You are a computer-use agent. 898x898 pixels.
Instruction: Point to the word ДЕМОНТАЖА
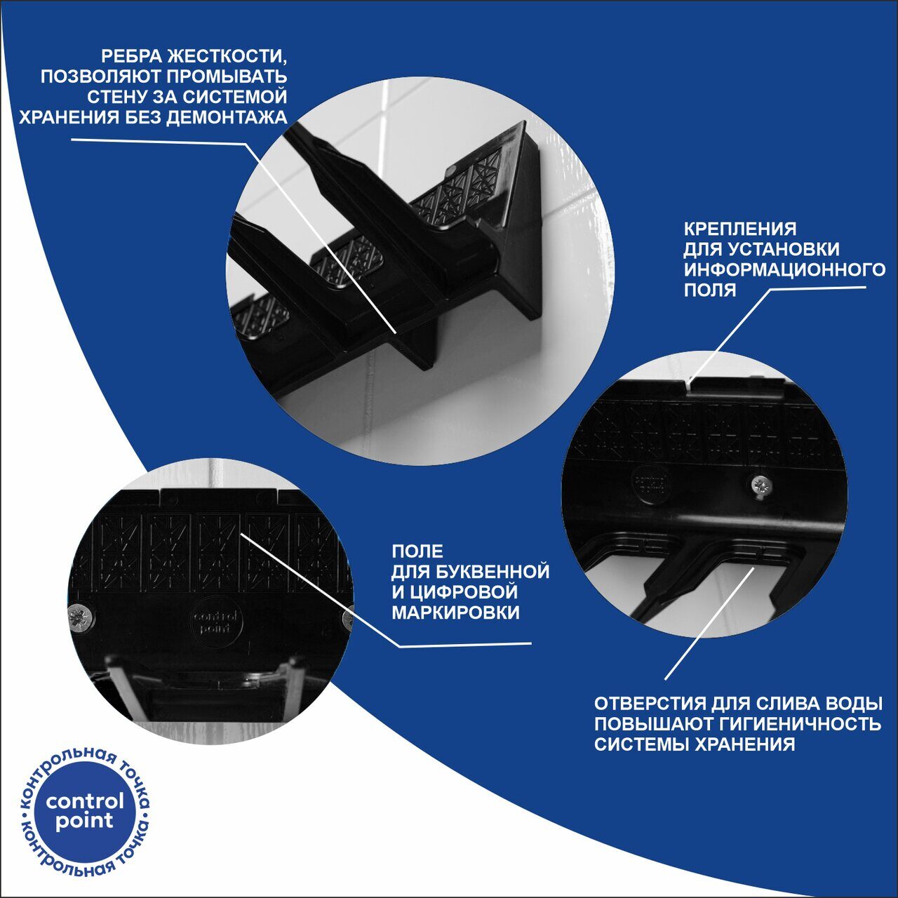227,117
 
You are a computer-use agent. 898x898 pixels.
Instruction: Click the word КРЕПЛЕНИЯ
740,229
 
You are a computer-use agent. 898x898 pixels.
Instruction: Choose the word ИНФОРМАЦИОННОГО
784,269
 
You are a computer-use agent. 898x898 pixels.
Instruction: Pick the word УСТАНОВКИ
784,249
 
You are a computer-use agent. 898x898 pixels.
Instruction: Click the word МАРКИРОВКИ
455,612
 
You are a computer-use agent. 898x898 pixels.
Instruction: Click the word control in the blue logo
85,801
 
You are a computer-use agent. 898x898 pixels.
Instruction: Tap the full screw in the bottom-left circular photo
81,617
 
